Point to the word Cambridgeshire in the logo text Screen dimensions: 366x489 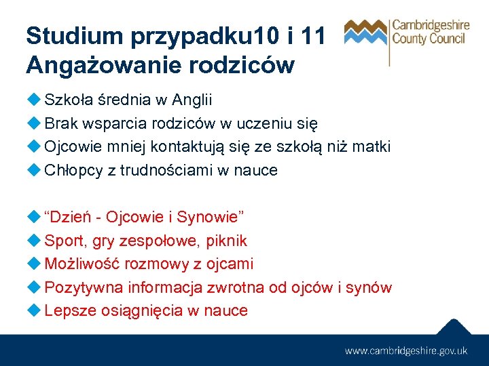coord(431,26)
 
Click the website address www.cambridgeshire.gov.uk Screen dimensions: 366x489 coord(406,350)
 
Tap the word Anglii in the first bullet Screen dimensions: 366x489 coord(192,100)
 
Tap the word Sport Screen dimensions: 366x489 coord(62,241)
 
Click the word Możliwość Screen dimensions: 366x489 coord(81,264)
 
